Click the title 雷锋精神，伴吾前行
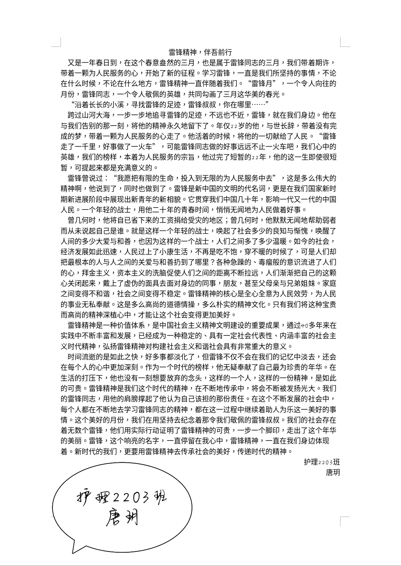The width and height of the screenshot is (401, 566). (200, 52)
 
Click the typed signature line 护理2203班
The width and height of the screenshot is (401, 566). (322, 462)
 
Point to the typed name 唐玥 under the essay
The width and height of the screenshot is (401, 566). (333, 472)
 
